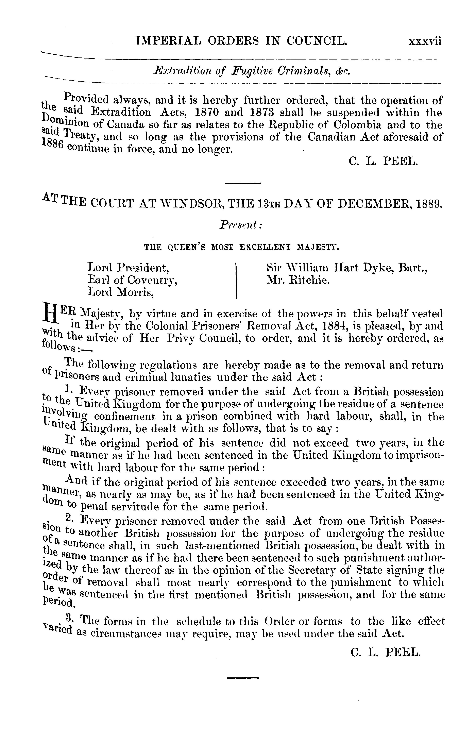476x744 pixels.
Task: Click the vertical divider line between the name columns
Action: point(236,280)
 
